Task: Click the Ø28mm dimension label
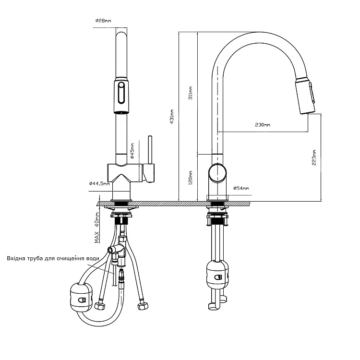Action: coord(103,21)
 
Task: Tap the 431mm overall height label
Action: coord(171,117)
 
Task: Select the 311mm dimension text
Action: coord(191,93)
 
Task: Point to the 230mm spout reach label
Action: coord(263,125)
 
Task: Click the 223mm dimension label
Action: coord(314,157)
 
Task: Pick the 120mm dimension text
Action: coord(191,178)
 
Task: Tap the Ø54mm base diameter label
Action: coord(241,188)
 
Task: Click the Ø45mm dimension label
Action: coord(132,151)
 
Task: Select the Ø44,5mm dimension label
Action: coord(99,183)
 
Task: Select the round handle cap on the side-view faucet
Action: coord(217,173)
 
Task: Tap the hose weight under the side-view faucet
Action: coord(217,275)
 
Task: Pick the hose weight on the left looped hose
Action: coord(82,297)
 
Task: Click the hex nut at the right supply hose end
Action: coord(143,306)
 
